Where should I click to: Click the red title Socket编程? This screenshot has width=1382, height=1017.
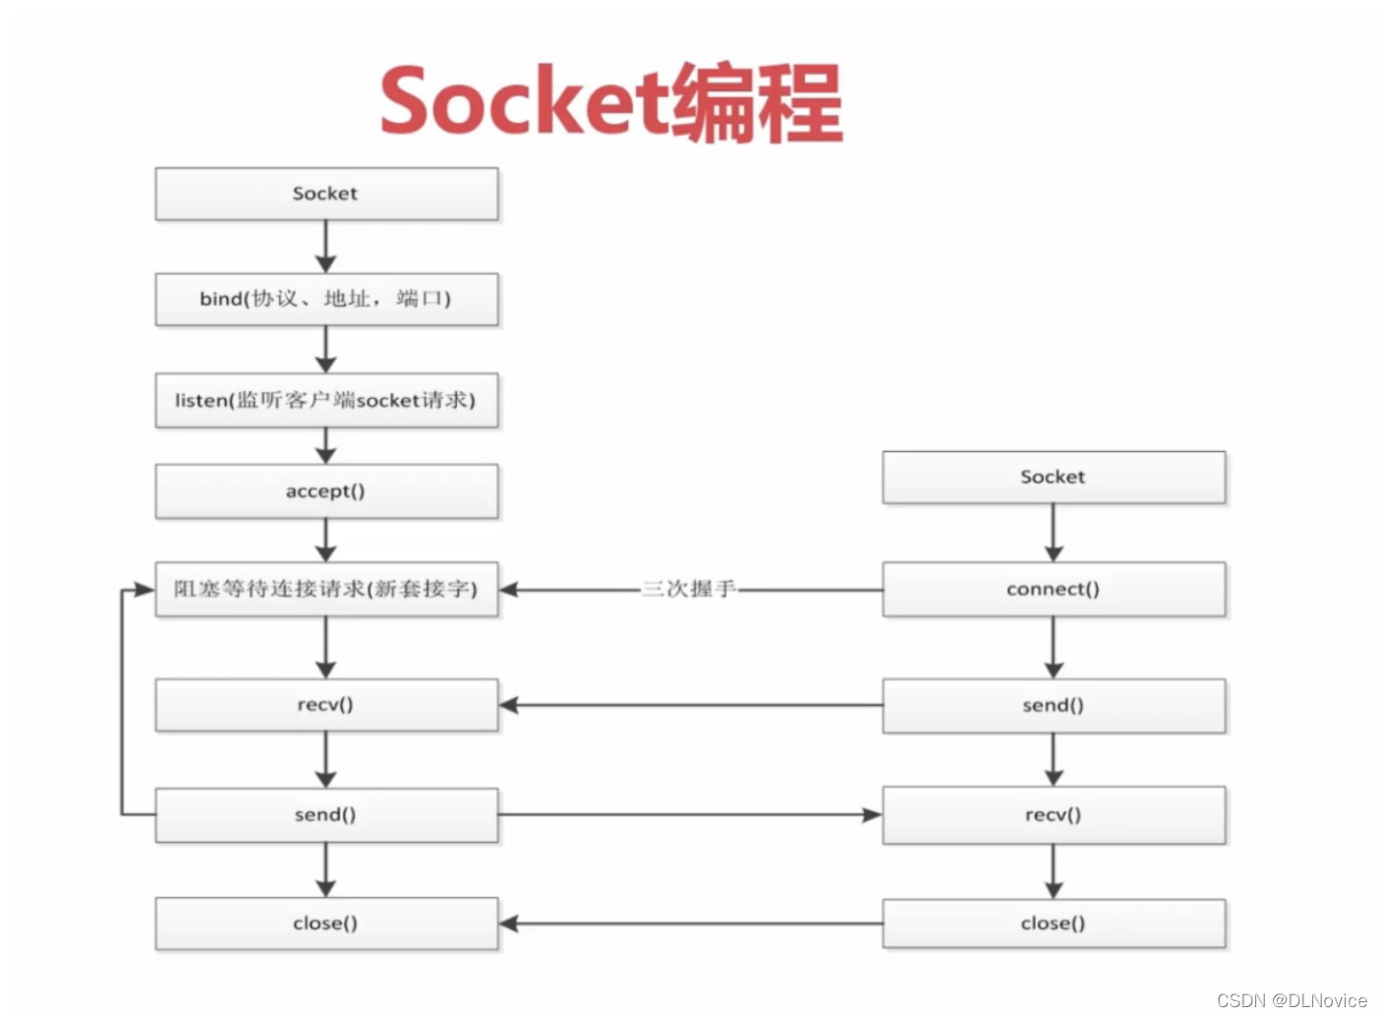(610, 102)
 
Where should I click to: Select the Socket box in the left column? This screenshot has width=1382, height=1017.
(326, 194)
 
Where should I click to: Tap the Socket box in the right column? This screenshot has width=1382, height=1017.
(1054, 478)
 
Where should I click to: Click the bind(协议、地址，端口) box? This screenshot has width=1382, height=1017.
(326, 299)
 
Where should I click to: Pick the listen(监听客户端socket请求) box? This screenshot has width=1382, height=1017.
(326, 400)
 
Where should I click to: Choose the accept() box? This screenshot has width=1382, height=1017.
(326, 491)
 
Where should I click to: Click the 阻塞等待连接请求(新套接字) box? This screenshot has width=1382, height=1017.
(326, 590)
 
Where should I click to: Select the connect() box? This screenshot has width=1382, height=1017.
(1054, 590)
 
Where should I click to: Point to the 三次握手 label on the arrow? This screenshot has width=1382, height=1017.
(688, 590)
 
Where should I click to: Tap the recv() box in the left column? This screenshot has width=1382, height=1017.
(326, 705)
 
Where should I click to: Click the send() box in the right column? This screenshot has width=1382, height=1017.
(1054, 706)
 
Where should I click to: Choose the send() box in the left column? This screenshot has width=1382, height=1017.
(326, 815)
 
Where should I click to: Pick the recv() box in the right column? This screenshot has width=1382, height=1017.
(1054, 815)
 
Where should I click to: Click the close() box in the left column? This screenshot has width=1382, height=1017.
(326, 924)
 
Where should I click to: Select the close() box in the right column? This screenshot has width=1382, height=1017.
(1054, 924)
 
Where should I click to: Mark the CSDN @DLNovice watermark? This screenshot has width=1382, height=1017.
(1292, 1000)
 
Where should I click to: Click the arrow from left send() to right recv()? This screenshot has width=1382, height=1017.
(688, 815)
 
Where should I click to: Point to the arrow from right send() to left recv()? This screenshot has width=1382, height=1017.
(688, 706)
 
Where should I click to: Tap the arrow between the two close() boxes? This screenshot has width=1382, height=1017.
(688, 924)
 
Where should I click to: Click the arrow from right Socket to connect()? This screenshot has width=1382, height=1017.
(1054, 533)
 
